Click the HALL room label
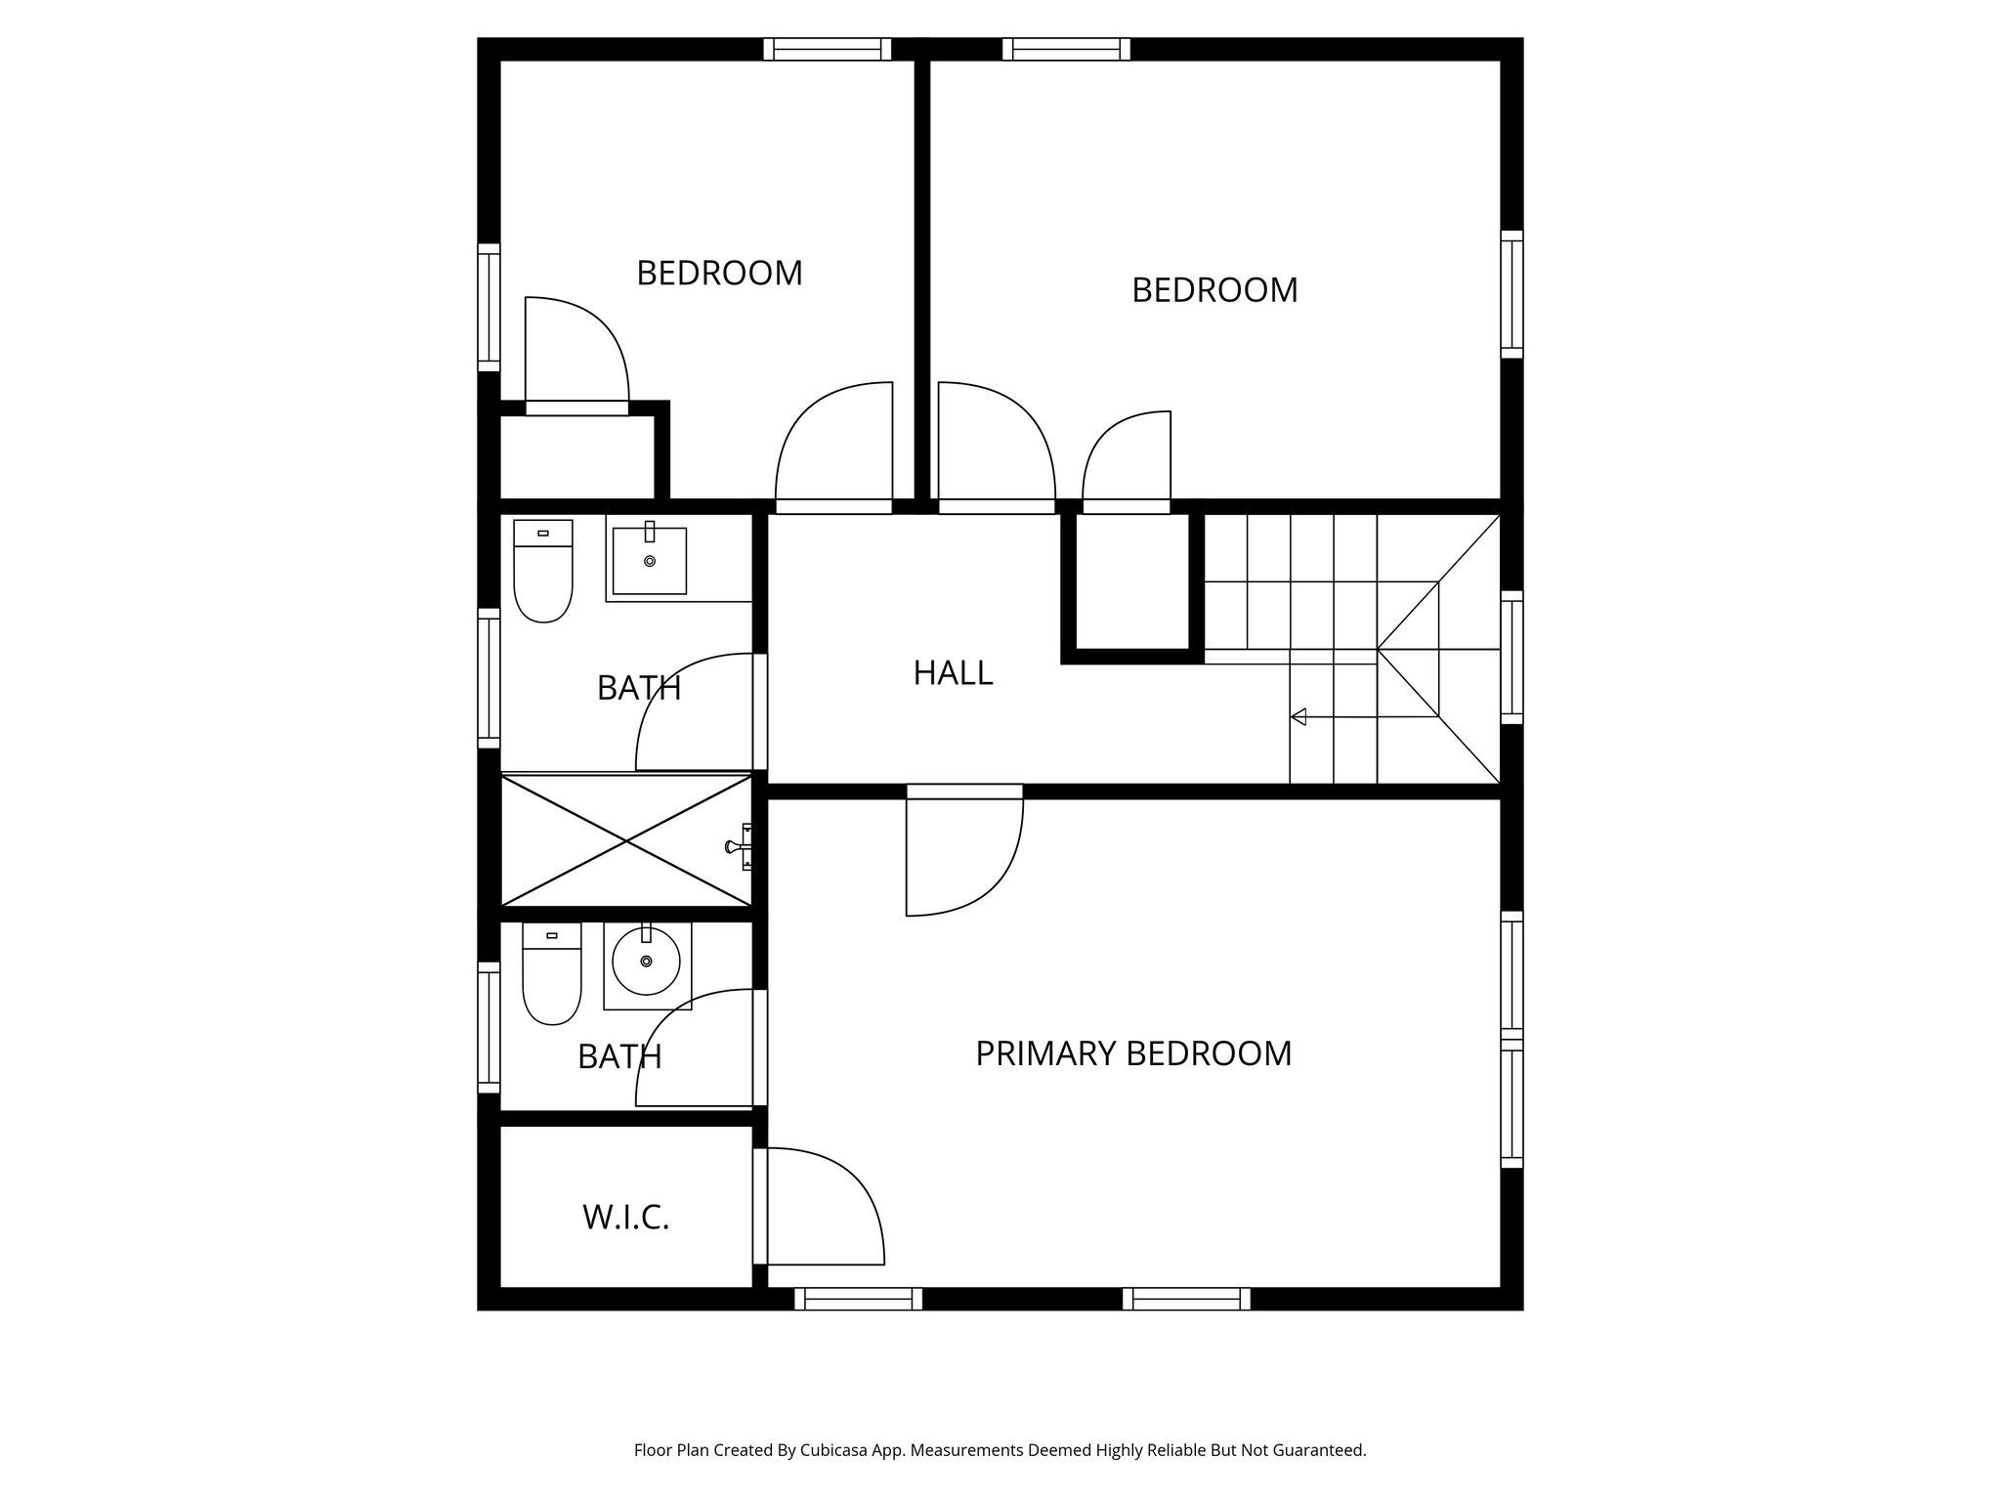click(953, 673)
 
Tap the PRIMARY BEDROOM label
click(1133, 1053)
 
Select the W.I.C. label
click(625, 1218)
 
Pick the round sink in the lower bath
click(646, 962)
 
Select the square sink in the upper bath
click(649, 561)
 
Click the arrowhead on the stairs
click(1299, 717)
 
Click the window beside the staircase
click(1511, 658)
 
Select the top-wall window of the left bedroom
click(827, 49)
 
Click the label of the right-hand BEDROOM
click(1214, 290)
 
